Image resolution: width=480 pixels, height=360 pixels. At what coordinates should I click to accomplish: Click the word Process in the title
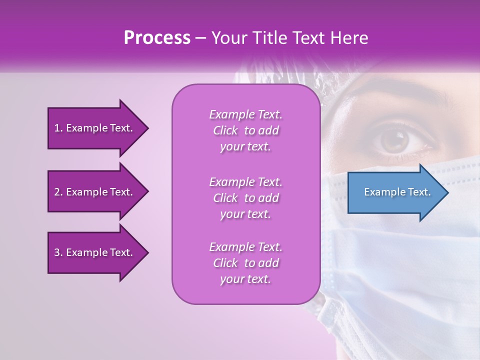click(157, 38)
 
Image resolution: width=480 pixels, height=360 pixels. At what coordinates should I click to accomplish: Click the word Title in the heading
click(270, 38)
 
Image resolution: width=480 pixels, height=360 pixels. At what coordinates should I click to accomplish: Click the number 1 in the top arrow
click(57, 128)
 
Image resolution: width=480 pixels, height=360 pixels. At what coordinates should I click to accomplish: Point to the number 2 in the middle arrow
click(57, 192)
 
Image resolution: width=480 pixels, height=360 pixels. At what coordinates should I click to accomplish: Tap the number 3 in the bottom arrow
click(57, 252)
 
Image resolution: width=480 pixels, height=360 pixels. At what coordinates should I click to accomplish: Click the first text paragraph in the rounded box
click(245, 130)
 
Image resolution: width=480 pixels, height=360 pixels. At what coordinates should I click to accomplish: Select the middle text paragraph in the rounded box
click(245, 197)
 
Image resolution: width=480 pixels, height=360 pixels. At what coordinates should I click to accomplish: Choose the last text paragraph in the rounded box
click(245, 263)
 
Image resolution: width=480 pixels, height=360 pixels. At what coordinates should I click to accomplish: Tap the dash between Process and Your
click(200, 38)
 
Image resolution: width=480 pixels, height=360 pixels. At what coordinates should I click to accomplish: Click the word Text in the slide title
click(306, 38)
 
